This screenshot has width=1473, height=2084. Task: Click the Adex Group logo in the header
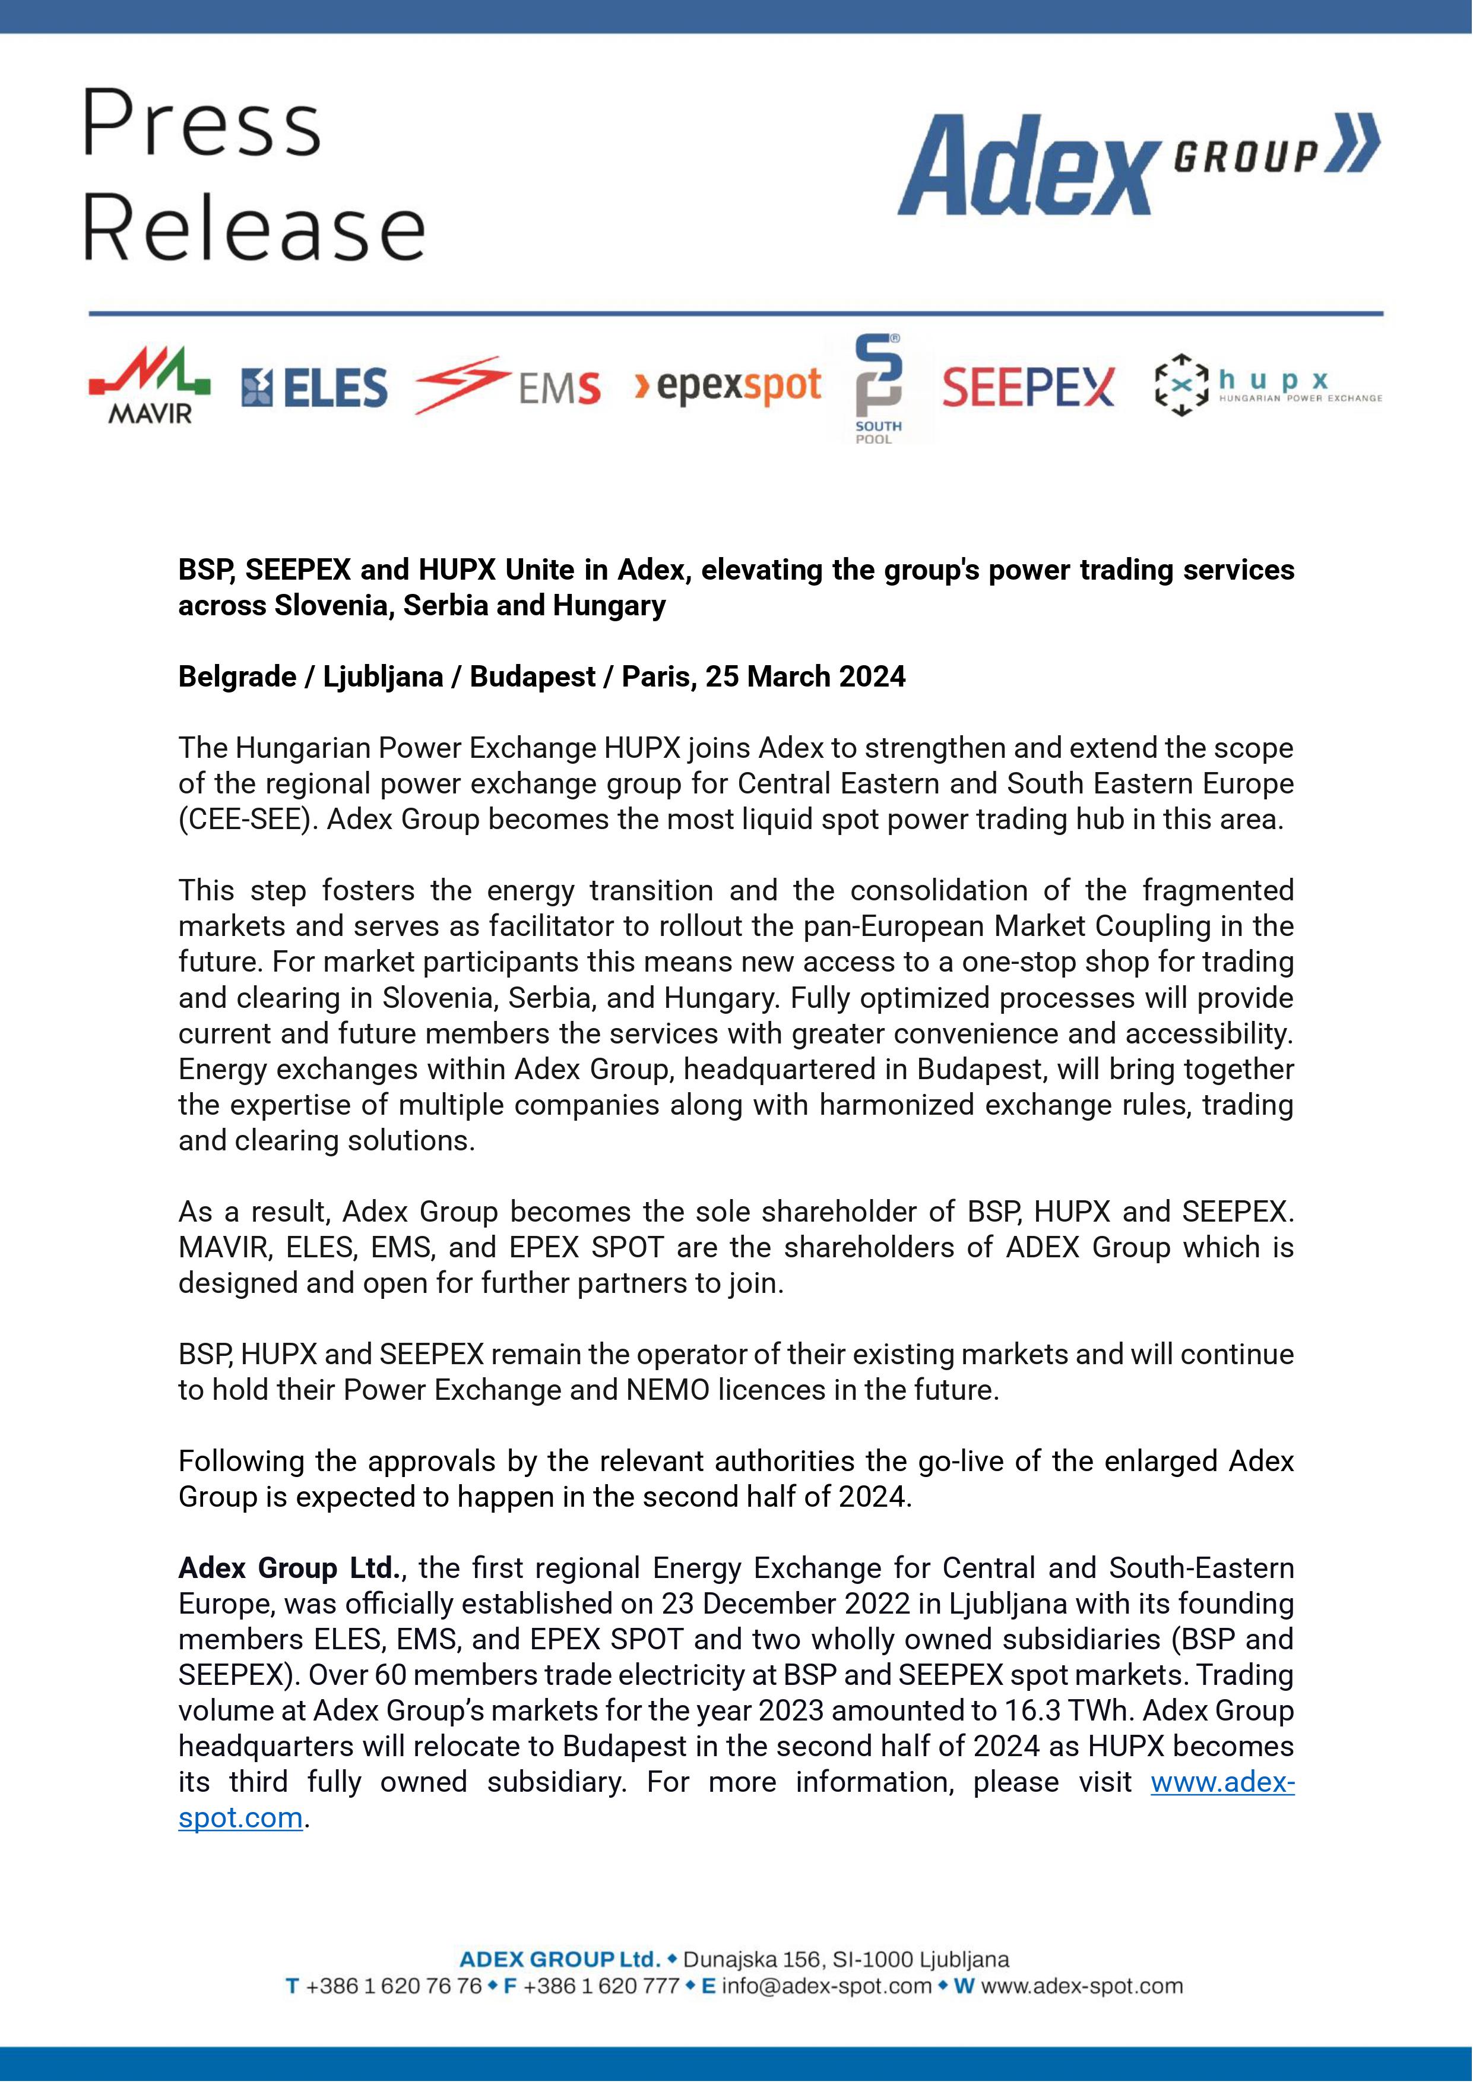pyautogui.click(x=1138, y=163)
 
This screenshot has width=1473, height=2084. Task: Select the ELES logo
pyautogui.click(x=314, y=388)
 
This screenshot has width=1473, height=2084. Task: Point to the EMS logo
pyautogui.click(x=506, y=386)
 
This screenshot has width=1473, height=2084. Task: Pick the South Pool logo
pyautogui.click(x=879, y=388)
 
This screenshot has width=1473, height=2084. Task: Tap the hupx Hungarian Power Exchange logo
pyautogui.click(x=1267, y=386)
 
